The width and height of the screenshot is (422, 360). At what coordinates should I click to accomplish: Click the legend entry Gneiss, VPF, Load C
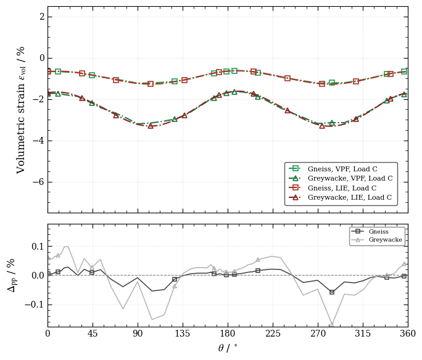pos(333,169)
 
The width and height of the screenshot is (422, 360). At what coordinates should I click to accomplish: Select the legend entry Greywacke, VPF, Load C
pos(341,178)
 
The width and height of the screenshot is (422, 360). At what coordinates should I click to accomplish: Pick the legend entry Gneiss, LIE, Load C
pos(333,188)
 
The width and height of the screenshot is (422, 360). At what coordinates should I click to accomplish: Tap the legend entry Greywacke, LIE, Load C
pos(340,197)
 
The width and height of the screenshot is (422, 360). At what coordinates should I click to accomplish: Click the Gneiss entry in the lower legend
pos(370,232)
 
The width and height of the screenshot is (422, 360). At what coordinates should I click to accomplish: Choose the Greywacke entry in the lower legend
pos(377,240)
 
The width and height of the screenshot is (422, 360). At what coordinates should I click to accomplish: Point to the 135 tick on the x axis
pos(183,333)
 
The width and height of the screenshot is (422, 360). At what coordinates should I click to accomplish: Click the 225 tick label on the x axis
pos(273,333)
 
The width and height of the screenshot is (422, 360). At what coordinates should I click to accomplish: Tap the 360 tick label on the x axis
pos(408,333)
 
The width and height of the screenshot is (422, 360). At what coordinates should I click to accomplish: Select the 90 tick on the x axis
pos(138,333)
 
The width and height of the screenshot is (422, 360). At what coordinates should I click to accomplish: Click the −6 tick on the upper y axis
pos(38,182)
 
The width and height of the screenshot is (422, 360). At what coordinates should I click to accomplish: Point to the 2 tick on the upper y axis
pos(42,17)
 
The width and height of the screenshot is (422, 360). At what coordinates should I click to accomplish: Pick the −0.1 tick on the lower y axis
pos(35,305)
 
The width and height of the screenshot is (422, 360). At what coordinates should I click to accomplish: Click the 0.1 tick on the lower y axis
pos(38,247)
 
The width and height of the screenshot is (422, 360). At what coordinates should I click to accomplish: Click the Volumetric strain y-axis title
pos(21,110)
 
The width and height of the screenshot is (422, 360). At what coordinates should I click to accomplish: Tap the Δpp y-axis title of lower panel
pos(11,276)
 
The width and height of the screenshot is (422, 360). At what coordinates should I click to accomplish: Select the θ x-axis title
pos(228,348)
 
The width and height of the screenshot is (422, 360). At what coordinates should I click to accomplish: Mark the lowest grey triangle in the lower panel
pos(332,324)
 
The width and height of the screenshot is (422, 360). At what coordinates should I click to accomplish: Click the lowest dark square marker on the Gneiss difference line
pos(332,292)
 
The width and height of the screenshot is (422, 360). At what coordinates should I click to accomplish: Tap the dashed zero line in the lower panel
pos(228,276)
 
